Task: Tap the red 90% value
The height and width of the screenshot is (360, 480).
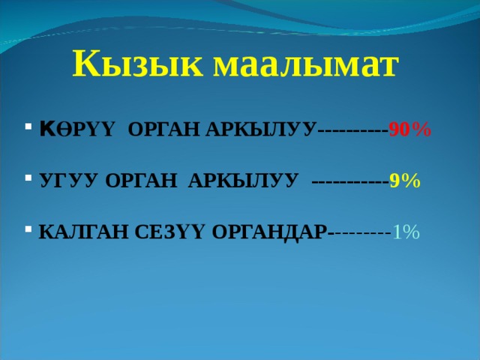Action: [x=409, y=130]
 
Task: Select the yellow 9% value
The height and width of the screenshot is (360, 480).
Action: [x=405, y=181]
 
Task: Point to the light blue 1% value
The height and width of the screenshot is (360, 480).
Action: [x=406, y=232]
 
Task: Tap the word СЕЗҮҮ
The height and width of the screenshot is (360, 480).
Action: [x=167, y=232]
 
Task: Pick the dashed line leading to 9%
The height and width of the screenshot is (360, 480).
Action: [x=349, y=181]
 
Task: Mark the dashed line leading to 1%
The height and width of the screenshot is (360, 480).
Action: [x=361, y=232]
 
